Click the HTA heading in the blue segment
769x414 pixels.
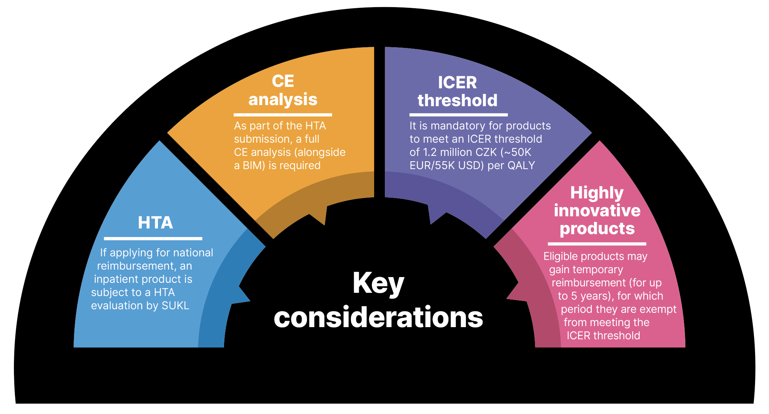point(155,223)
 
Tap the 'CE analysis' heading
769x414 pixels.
point(283,90)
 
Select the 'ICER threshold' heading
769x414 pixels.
point(457,92)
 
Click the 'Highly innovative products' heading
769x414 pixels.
point(597,211)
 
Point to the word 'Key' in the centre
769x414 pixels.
point(378,283)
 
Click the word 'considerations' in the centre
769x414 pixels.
point(378,317)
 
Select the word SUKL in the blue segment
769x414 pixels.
point(175,306)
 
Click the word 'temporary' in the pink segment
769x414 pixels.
point(600,270)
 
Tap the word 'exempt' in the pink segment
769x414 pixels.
point(660,309)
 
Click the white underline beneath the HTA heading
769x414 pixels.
point(153,238)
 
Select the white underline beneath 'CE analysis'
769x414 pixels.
point(283,115)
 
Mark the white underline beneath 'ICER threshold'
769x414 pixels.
point(458,115)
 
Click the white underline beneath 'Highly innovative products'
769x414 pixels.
point(597,244)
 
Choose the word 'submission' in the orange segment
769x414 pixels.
point(263,139)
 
